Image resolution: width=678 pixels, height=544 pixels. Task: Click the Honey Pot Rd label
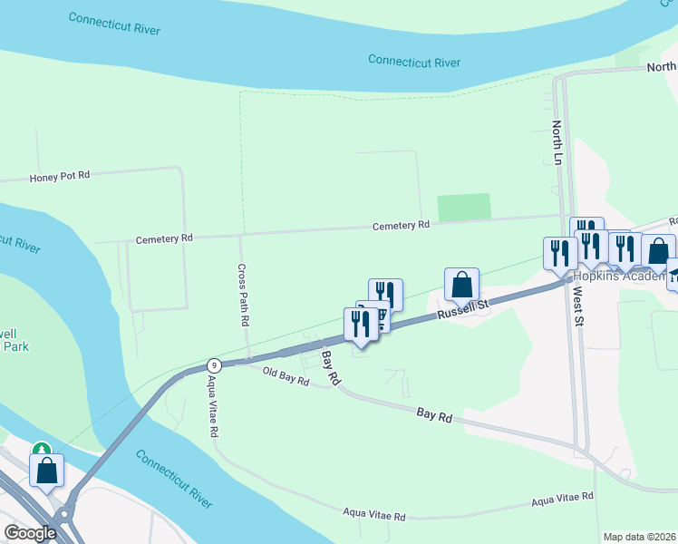tap(60, 176)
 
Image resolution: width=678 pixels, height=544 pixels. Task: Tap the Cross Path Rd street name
tap(242, 296)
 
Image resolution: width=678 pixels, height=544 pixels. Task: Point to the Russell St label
tap(462, 308)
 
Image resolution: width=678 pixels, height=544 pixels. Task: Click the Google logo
tap(29, 532)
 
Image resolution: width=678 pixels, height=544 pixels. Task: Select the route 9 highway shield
tap(213, 364)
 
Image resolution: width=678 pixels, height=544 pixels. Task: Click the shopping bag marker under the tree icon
tap(46, 471)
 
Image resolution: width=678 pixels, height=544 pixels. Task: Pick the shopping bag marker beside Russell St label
tap(461, 285)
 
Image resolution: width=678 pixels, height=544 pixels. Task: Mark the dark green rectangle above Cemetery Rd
tap(464, 207)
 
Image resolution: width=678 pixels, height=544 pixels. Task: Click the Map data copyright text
tap(639, 537)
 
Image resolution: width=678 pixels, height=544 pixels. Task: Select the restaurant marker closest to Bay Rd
tap(360, 325)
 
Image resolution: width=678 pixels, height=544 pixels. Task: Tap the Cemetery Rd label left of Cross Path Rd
tap(164, 239)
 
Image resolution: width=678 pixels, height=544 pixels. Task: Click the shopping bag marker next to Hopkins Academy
tap(658, 250)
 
